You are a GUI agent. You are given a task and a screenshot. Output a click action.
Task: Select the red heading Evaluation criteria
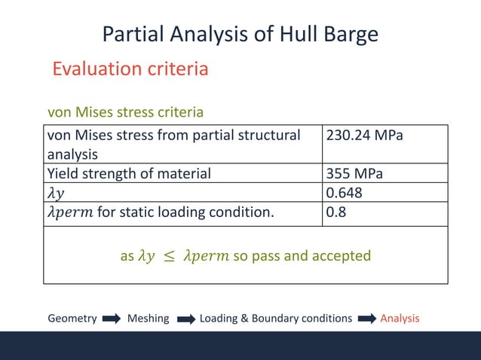(x=130, y=69)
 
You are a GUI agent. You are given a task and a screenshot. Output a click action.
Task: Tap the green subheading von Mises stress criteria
(x=125, y=112)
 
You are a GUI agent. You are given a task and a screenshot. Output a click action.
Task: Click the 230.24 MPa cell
(x=364, y=136)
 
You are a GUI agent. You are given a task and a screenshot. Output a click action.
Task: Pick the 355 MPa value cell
(x=354, y=174)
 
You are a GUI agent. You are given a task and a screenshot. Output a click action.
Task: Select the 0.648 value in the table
(x=344, y=193)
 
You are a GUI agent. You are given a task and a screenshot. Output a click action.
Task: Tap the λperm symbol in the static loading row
(x=70, y=212)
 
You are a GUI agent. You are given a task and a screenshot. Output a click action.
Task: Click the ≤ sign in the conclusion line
(x=169, y=256)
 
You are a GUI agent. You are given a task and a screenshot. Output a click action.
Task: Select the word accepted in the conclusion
(x=342, y=256)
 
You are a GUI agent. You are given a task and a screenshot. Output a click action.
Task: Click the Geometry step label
(x=72, y=319)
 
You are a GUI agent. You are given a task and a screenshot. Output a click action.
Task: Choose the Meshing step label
(x=149, y=319)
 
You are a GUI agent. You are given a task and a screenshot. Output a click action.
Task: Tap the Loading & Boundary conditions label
(x=275, y=319)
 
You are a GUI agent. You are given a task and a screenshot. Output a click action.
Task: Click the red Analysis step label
(x=400, y=319)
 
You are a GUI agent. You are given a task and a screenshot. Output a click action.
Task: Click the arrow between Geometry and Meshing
(x=112, y=319)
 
